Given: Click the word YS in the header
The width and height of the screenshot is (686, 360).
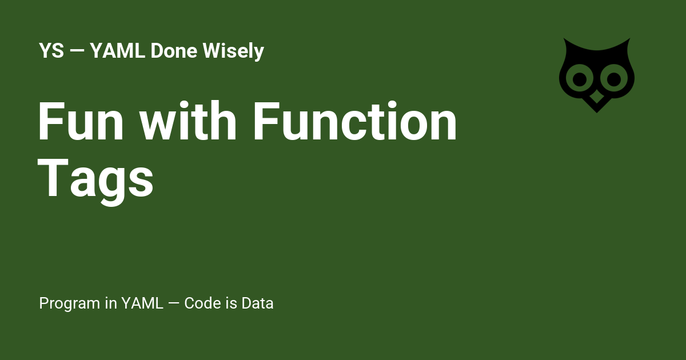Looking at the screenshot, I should (51, 51).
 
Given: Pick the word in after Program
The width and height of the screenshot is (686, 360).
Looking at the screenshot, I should (110, 303).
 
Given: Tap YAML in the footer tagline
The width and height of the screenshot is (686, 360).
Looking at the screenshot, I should (142, 303).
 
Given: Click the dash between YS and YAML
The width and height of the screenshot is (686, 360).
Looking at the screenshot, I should (77, 52).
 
